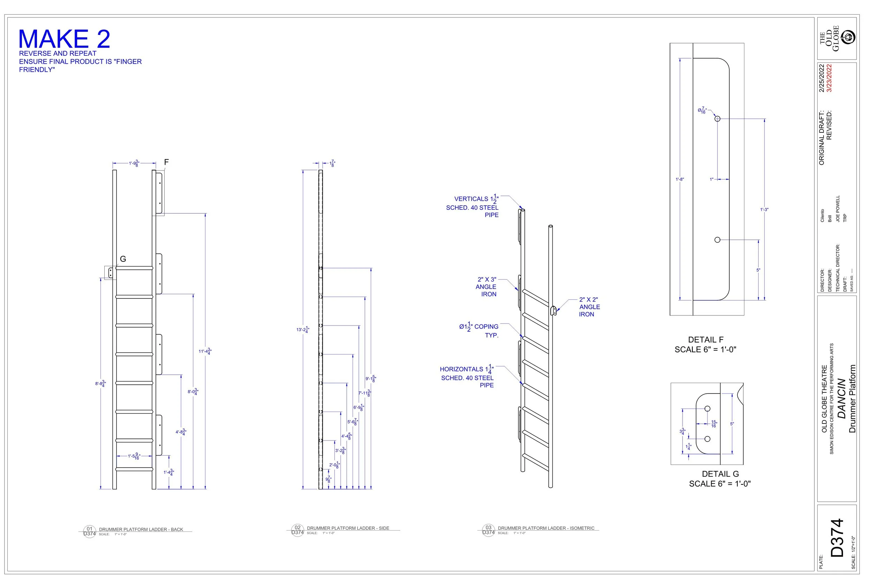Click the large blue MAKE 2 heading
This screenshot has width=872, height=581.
[64, 39]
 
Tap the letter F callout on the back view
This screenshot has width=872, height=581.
[166, 162]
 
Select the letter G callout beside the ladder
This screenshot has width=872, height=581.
[123, 259]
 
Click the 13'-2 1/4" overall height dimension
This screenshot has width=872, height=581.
[303, 330]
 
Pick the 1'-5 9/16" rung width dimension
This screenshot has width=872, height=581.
[134, 457]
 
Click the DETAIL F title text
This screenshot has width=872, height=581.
[706, 340]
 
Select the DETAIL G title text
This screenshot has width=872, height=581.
[720, 474]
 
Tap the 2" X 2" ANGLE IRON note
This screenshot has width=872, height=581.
[589, 307]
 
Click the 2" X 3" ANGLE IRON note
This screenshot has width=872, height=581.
[486, 287]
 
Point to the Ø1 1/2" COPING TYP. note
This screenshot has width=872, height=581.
[479, 330]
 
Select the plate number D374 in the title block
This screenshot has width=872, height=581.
[837, 538]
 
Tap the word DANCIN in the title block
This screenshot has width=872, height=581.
[842, 399]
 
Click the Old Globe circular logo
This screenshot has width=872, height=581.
[849, 37]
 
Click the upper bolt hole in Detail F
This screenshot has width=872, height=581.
[717, 119]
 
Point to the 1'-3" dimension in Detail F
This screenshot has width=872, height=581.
[764, 210]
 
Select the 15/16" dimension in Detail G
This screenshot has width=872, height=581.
[714, 424]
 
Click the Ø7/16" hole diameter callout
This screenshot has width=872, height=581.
[702, 110]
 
